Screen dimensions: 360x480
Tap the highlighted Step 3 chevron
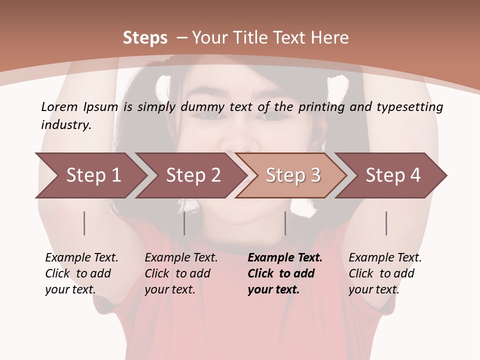coord(293,175)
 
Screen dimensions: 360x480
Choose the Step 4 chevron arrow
coord(393,175)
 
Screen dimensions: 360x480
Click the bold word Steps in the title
coord(145,37)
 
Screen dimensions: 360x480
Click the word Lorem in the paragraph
coord(58,106)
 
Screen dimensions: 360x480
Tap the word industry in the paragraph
coord(66,124)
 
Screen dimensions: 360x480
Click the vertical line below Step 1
coord(84,223)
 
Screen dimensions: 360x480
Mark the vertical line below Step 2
coord(184,223)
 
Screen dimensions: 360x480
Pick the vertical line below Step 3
coord(285,223)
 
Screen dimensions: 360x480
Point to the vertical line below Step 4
coord(386,223)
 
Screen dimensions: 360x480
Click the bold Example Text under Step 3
coord(285,258)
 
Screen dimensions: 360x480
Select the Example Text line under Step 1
coord(81,258)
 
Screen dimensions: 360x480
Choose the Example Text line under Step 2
coord(181,258)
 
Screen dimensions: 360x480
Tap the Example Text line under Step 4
coord(385,258)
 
